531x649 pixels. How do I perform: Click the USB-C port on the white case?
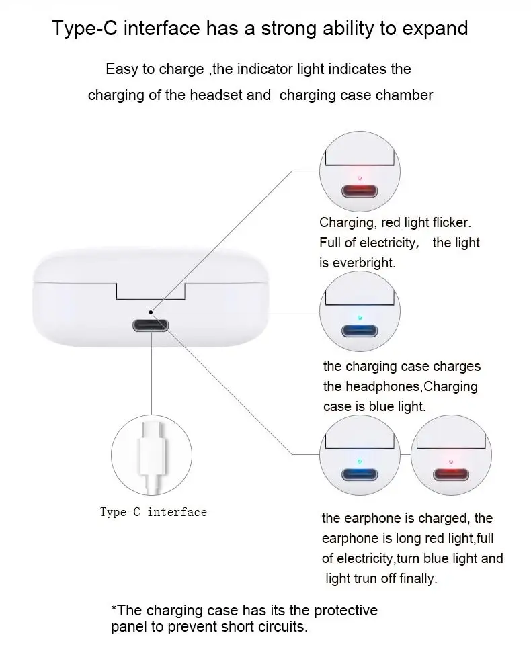(151, 326)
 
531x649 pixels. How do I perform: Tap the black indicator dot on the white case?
(151, 312)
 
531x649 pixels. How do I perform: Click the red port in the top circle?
(360, 191)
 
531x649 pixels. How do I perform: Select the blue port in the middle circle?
(360, 331)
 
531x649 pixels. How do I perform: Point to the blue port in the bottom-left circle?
(360, 474)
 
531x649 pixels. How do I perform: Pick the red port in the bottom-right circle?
(450, 474)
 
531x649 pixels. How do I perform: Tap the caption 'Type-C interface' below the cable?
(153, 513)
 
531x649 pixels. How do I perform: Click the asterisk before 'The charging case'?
(114, 609)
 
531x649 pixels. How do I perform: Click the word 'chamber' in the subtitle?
(404, 95)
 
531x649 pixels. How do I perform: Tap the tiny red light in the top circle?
(360, 178)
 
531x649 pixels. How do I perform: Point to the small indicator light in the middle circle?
(360, 318)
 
